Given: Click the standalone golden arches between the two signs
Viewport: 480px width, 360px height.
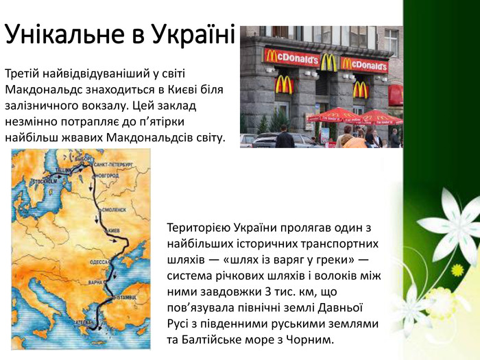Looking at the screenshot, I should (328, 62).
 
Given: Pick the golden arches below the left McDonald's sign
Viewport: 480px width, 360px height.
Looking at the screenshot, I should (284, 85).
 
